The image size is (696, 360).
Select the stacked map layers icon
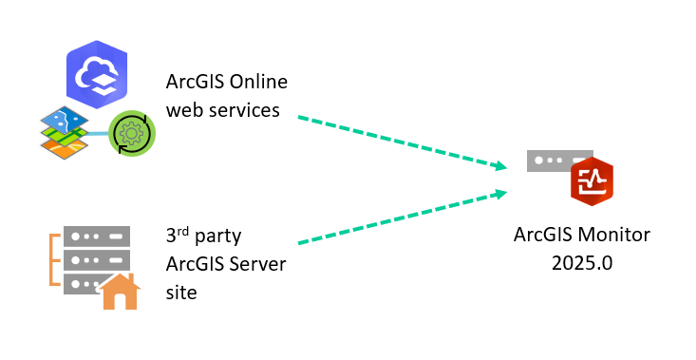(65, 132)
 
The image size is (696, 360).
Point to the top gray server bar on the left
(96, 235)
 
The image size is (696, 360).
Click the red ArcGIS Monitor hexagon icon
(592, 180)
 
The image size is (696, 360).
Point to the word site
(181, 292)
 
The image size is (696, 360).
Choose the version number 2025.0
(582, 262)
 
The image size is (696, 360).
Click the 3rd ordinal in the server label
(177, 236)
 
